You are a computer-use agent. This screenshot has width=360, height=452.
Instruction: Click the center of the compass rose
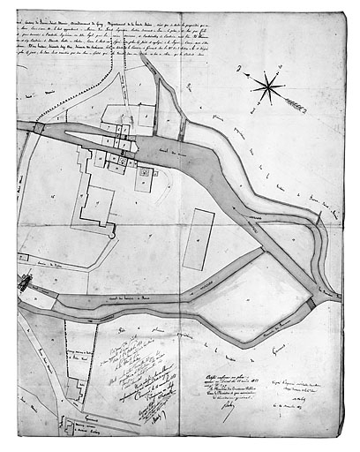(x=268, y=87)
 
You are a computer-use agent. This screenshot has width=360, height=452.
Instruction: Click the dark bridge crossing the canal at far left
(x=38, y=129)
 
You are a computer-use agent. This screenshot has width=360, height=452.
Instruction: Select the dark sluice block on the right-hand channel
(x=310, y=303)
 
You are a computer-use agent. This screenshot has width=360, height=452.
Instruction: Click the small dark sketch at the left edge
(x=23, y=284)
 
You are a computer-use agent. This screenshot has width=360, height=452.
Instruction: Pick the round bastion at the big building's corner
(x=111, y=233)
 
